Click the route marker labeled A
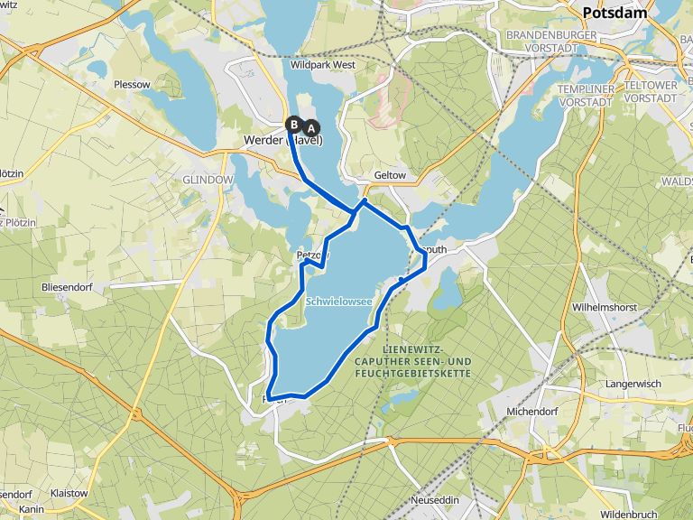(311, 127)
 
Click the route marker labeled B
(294, 124)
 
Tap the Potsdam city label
(615, 13)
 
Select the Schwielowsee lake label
(338, 302)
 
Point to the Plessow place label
(132, 84)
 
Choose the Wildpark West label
(323, 65)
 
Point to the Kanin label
(32, 509)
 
